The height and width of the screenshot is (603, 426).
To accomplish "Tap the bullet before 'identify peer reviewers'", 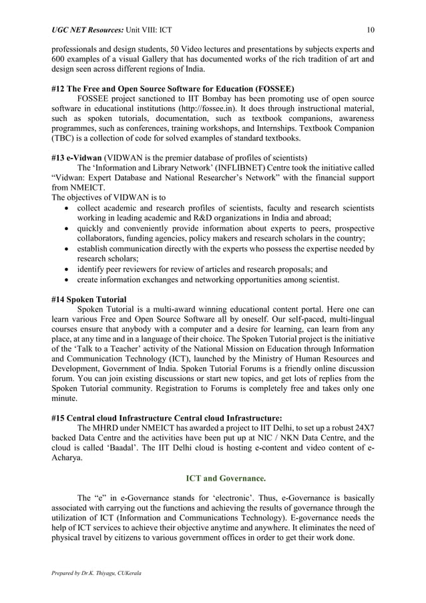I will (x=62, y=268).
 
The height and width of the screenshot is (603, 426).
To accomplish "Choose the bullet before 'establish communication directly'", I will (x=62, y=248).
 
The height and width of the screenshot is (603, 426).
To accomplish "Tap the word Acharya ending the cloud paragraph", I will (x=66, y=459).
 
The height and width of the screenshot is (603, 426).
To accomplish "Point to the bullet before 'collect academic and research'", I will (x=62, y=208).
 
